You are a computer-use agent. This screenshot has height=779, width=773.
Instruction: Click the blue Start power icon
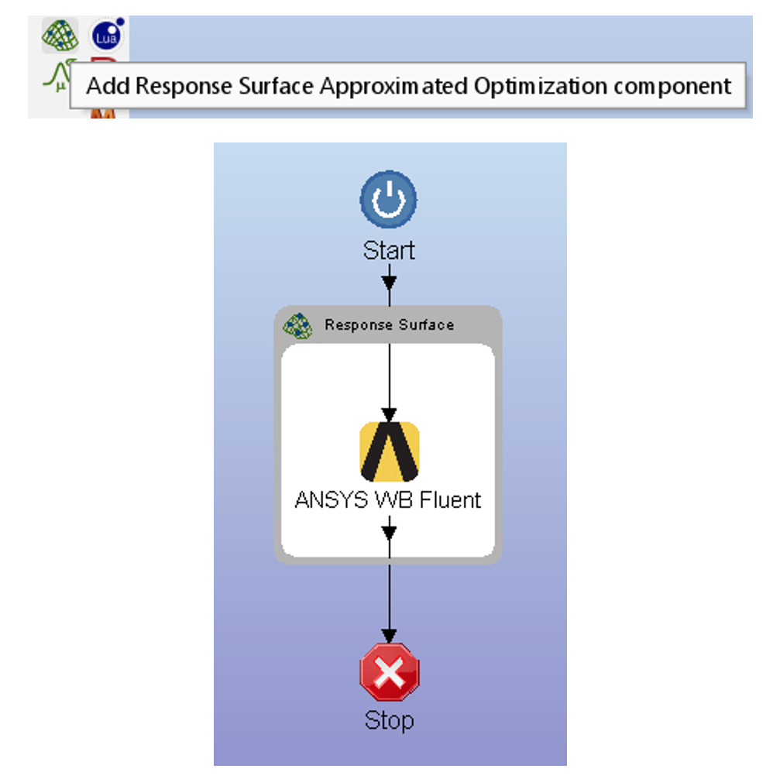click(389, 199)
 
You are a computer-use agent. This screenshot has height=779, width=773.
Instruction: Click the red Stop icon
click(390, 672)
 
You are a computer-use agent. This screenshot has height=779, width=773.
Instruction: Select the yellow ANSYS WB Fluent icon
click(390, 451)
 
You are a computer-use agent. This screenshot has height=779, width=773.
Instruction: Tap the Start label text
click(389, 250)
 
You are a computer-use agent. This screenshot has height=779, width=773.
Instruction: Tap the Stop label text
click(389, 721)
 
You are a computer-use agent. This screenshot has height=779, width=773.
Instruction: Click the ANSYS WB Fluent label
click(388, 499)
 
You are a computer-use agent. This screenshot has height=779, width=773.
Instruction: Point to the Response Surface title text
click(389, 325)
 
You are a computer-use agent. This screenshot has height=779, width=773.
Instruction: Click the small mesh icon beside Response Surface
click(297, 326)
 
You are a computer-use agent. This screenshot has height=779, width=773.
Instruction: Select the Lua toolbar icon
click(107, 35)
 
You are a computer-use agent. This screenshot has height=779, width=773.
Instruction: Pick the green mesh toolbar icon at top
click(60, 36)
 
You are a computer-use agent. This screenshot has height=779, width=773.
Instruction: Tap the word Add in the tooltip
click(108, 86)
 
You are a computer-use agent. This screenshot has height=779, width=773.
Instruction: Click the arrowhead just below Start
click(389, 282)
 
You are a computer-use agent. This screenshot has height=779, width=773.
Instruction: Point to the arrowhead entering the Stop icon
click(389, 636)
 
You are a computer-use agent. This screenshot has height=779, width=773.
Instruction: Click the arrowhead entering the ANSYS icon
click(389, 415)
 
